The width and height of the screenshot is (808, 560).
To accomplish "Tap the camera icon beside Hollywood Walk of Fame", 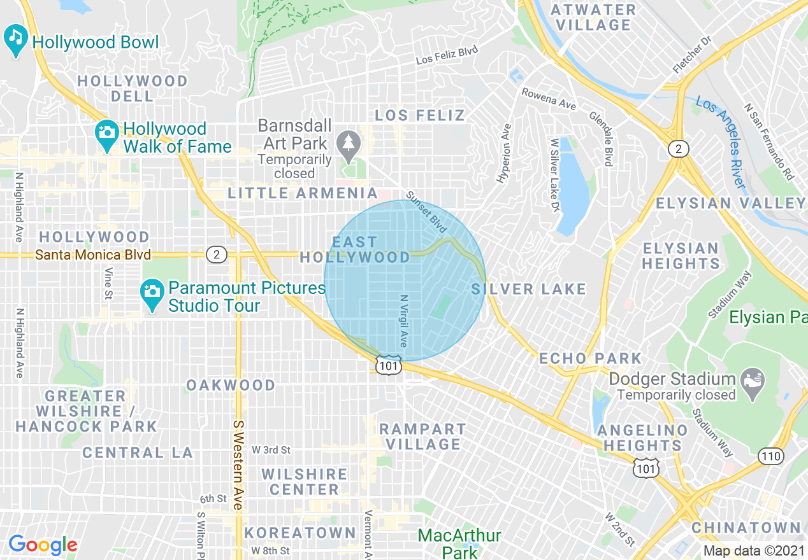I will [x=105, y=132].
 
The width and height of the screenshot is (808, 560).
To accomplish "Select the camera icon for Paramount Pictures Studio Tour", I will [x=152, y=291].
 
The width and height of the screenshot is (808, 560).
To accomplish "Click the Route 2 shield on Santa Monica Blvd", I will [x=217, y=255].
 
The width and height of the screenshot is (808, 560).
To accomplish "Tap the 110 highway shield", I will [x=770, y=456].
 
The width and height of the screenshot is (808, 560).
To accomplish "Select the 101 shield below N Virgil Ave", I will [x=388, y=366].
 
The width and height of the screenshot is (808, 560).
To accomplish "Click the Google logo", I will [x=43, y=544].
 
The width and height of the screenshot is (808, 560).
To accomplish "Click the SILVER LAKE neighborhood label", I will [x=529, y=290].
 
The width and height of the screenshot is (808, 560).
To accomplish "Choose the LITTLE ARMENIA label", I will [x=303, y=193].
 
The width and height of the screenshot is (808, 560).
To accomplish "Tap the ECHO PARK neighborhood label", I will [x=590, y=358].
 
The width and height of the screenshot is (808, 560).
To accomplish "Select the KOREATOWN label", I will [x=300, y=532].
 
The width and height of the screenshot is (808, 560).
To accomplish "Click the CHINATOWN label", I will [x=746, y=528].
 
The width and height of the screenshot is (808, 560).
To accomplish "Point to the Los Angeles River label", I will [x=721, y=142].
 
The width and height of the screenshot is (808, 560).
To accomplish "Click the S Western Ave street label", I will [x=238, y=465].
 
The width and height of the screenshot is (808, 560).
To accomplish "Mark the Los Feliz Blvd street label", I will [x=447, y=55].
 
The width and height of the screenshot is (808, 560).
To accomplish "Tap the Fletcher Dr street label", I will [x=691, y=55].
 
